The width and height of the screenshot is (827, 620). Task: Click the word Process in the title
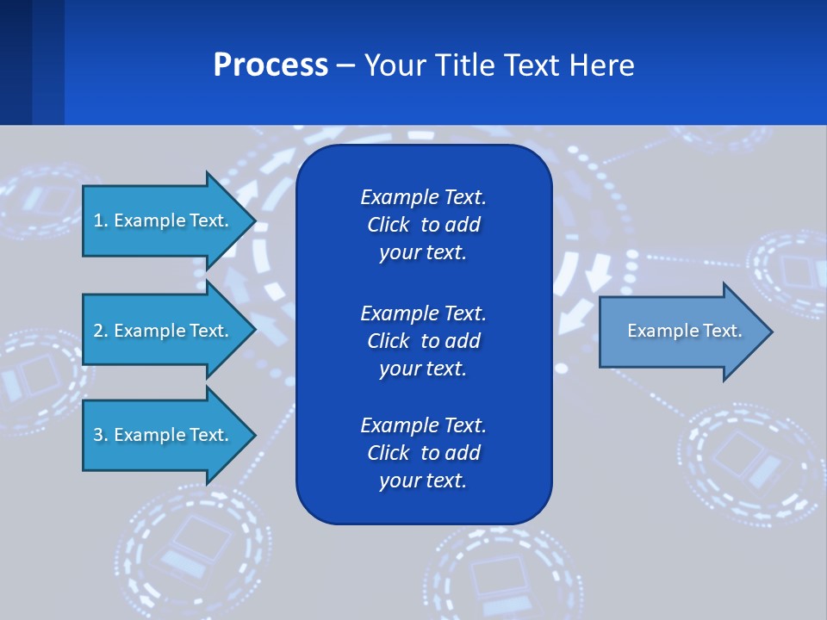tap(270, 65)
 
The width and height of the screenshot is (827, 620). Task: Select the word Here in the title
tap(600, 65)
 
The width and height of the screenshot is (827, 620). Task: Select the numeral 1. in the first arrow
tap(100, 220)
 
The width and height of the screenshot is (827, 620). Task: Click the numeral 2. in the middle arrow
tap(100, 331)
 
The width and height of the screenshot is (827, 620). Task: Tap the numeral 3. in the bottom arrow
tap(100, 435)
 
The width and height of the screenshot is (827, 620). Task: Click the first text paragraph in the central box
tap(423, 225)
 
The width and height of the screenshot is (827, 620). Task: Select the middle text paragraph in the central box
tap(423, 340)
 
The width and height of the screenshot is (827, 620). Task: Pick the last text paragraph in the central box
tap(423, 452)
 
